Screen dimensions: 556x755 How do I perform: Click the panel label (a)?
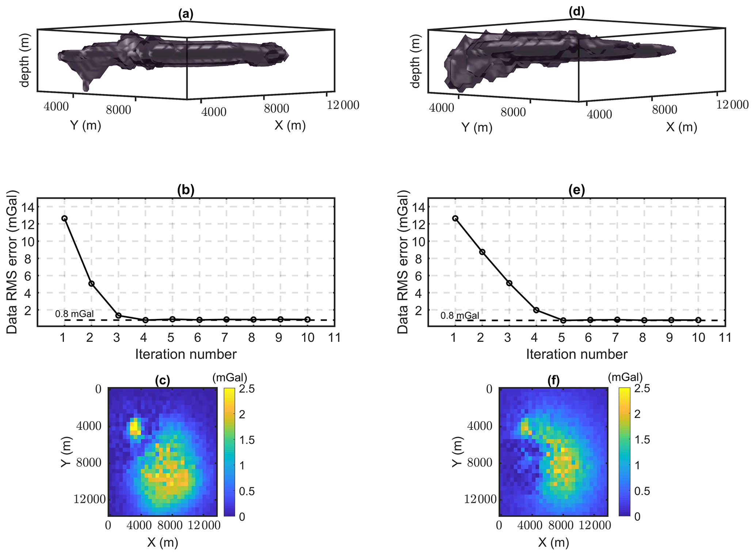tap(186, 14)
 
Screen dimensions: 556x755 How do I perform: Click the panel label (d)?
tap(576, 12)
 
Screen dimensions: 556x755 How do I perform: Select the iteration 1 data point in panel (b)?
tap(65, 218)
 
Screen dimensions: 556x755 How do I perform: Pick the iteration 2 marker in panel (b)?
tap(91, 283)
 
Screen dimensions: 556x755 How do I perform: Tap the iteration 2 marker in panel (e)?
tap(482, 252)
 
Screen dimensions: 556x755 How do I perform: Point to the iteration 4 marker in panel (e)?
tap(536, 310)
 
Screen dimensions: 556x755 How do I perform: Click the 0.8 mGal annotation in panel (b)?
tap(75, 314)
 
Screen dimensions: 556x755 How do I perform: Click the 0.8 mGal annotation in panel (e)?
tap(460, 316)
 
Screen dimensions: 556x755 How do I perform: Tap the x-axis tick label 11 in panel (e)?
tap(725, 338)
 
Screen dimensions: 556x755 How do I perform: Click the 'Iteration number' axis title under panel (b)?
tap(186, 354)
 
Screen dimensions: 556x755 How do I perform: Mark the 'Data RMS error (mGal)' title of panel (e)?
tap(403, 262)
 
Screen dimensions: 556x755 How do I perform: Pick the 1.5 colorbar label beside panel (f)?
tap(642, 440)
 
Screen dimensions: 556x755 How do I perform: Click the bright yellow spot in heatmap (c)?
tap(134, 426)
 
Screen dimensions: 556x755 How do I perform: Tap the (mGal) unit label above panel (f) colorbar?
tap(625, 377)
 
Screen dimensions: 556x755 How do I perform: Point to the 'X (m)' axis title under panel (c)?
tap(163, 542)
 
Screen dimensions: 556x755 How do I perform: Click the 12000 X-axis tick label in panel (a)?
tap(343, 105)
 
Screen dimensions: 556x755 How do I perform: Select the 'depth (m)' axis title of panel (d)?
tap(415, 61)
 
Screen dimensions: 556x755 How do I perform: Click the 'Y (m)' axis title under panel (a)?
tap(85, 125)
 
